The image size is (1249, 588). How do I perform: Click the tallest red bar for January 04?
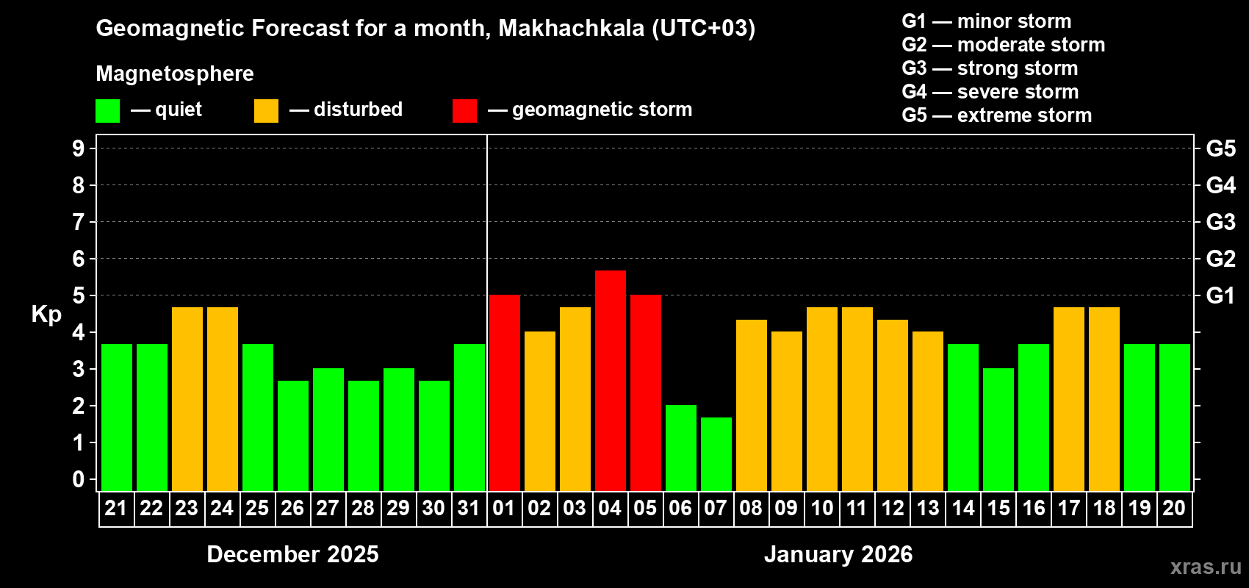[x=611, y=380]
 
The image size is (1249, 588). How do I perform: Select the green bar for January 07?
[x=716, y=453]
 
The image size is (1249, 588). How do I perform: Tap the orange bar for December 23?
[x=187, y=398]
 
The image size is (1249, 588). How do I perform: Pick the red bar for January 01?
[x=505, y=392]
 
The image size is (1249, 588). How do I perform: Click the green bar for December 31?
[x=469, y=417]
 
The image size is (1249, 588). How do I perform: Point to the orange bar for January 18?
[x=1104, y=398]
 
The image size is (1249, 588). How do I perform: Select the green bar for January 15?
[x=998, y=429]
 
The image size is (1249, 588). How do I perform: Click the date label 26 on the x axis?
[x=292, y=508]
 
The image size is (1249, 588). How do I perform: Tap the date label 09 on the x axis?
[x=786, y=508]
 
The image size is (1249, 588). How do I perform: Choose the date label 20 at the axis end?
[x=1174, y=508]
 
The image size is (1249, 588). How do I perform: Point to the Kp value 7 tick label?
[x=79, y=222]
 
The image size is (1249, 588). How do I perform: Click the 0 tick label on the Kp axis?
[x=79, y=479]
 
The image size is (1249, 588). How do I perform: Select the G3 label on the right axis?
[x=1220, y=222]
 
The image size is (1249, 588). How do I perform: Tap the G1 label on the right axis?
[x=1220, y=295]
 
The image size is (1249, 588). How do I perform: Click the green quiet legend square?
[x=108, y=111]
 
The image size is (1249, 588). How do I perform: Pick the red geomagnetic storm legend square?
[x=464, y=111]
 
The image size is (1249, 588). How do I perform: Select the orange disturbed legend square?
[x=266, y=111]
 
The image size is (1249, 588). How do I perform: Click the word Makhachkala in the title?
[x=571, y=28]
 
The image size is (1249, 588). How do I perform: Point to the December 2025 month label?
[x=292, y=554]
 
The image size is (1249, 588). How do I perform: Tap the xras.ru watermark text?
[x=1206, y=567]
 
